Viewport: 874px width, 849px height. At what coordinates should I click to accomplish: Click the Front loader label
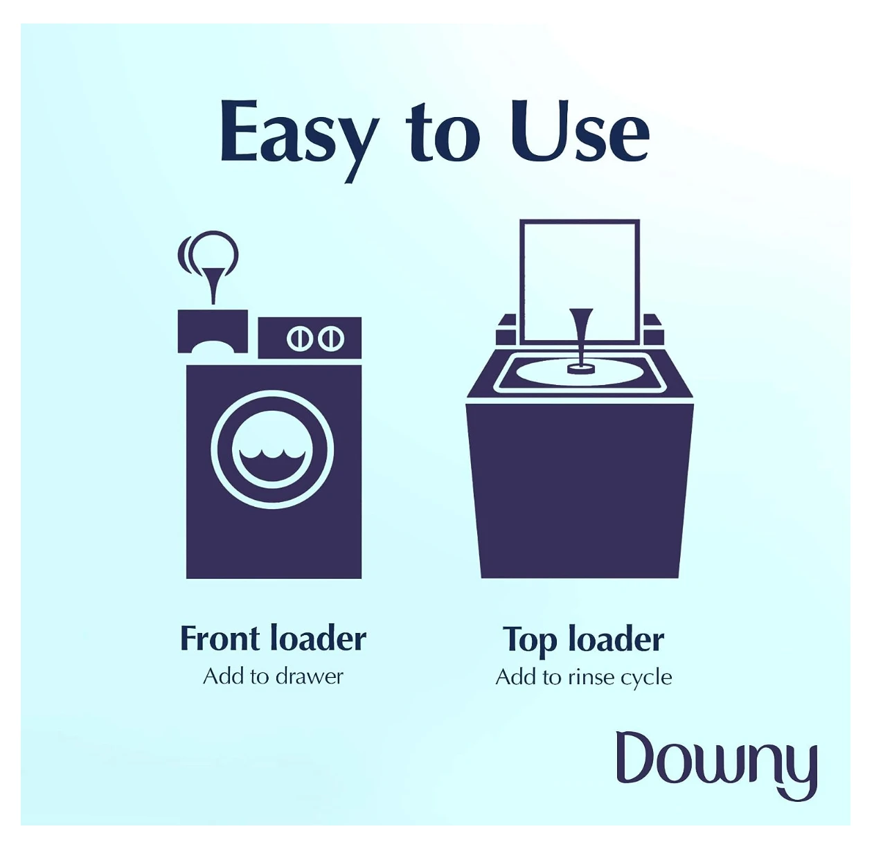[273, 638]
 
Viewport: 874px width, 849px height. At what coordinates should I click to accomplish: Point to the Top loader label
[583, 640]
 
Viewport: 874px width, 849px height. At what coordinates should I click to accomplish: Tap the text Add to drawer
[273, 677]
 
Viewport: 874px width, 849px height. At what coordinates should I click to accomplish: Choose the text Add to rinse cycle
[583, 677]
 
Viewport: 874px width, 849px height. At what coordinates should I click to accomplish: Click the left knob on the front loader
[300, 339]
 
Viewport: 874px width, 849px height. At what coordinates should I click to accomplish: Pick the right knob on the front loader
[332, 339]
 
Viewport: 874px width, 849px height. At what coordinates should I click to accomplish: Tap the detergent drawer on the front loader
[213, 332]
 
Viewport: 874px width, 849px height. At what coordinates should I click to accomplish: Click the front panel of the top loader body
[580, 490]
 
